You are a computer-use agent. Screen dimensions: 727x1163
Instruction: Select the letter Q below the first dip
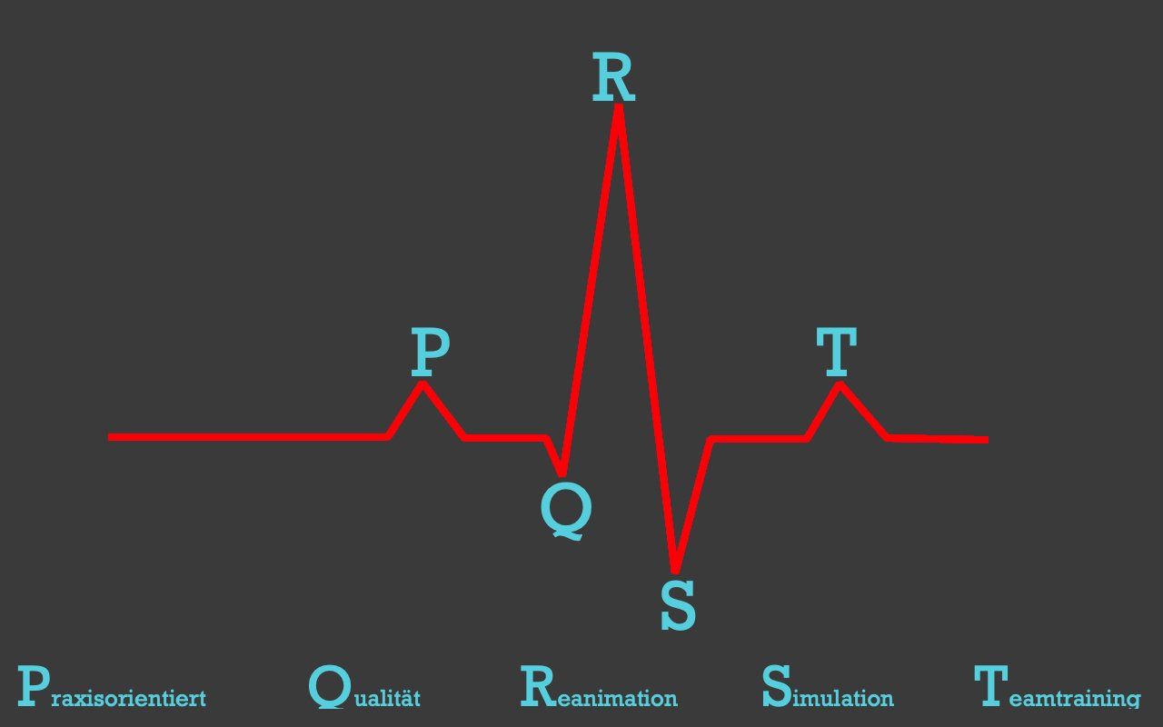565,510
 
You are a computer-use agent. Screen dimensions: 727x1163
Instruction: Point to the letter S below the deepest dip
678,604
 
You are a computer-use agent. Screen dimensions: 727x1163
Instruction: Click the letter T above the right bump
836,352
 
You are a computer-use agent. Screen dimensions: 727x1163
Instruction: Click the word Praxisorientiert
112,689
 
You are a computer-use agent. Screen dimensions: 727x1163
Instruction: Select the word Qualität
364,689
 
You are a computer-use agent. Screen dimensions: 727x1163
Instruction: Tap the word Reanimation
599,689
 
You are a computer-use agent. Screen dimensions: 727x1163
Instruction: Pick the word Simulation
827,689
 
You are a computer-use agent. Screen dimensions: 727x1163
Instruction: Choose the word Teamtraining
1057,689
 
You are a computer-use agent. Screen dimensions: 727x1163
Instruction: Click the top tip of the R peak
618,108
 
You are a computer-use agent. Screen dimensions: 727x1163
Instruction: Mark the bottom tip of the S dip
675,571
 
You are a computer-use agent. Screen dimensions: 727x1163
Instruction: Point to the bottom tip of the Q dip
562,473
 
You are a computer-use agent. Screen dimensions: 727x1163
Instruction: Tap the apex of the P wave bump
422,384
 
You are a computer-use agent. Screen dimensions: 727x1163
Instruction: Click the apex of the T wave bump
840,385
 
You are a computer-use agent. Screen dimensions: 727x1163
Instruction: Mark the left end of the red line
110,437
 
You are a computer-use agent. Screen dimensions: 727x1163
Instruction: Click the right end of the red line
986,440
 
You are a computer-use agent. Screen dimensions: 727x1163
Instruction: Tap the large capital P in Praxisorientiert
33,687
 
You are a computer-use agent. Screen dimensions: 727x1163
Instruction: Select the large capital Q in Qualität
328,687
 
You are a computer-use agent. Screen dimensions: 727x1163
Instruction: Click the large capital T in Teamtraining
990,686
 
